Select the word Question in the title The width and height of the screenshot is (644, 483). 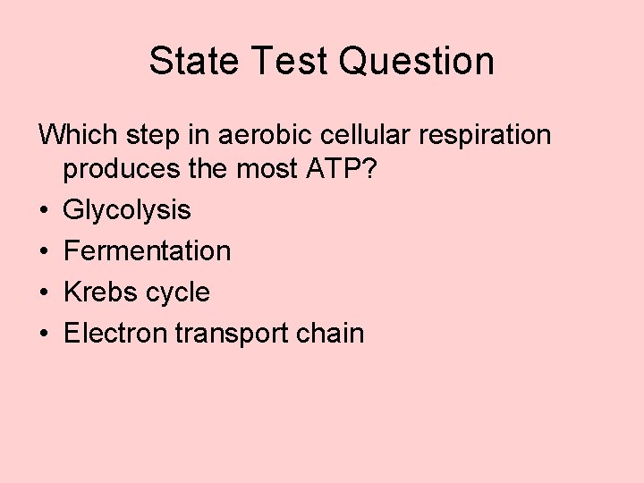[417, 61]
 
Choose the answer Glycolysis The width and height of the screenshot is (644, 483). [127, 211]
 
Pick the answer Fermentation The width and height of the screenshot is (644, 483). [148, 251]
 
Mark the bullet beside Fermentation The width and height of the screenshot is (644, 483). [43, 252]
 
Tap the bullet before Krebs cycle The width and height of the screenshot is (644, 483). [43, 293]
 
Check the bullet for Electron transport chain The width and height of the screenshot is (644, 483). [43, 335]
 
